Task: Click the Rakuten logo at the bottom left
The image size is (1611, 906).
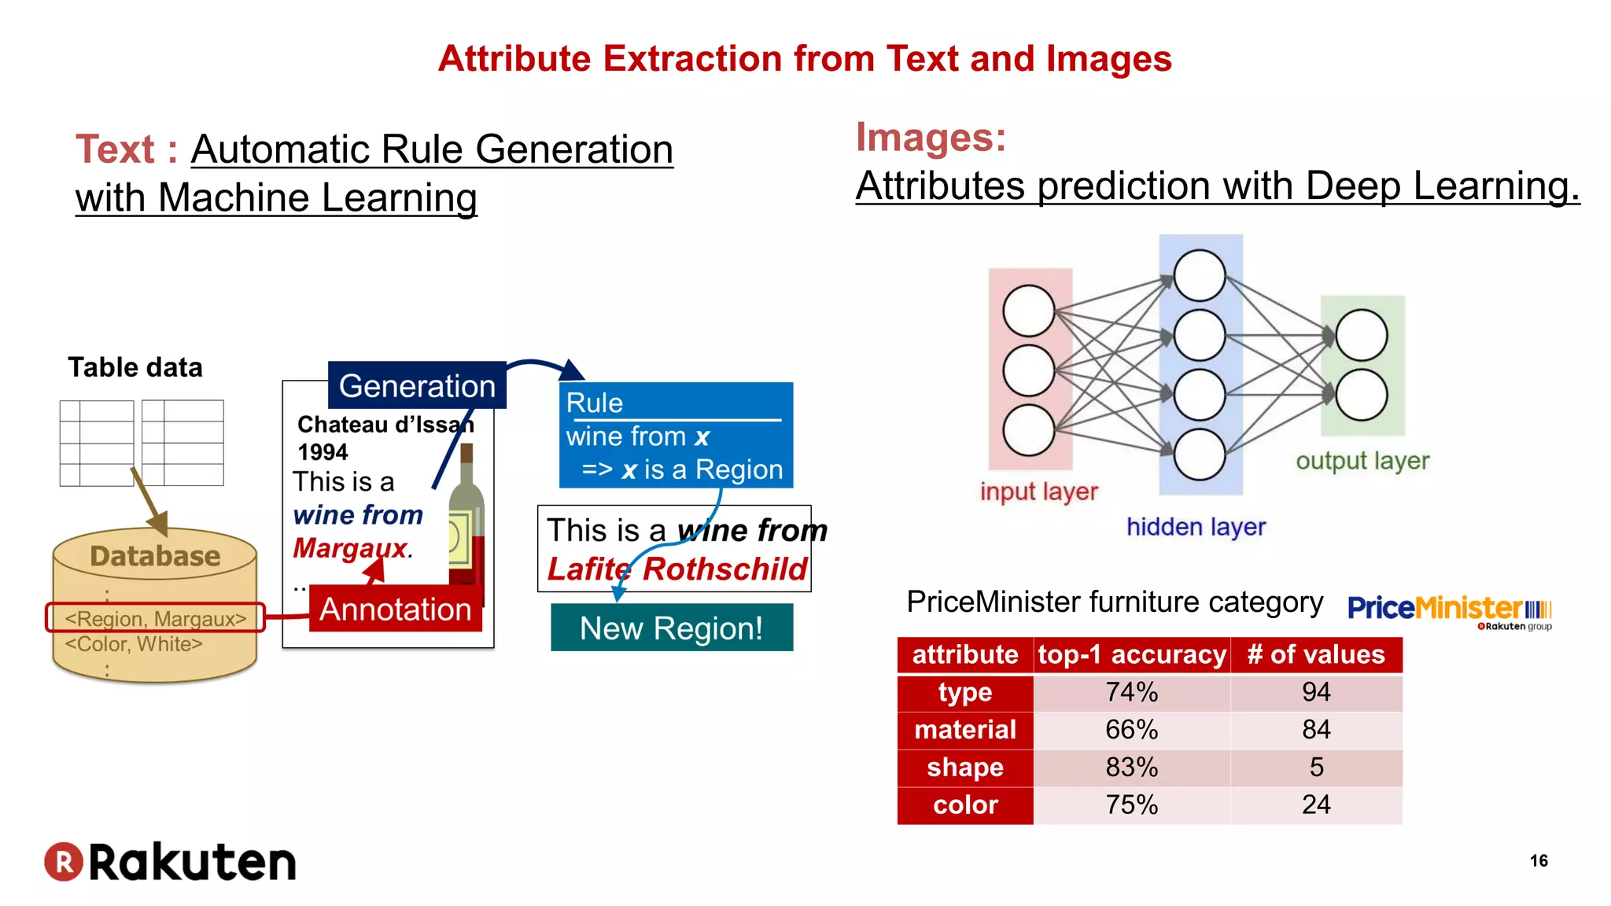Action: [x=170, y=862]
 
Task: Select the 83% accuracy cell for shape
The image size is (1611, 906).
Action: [x=1131, y=768]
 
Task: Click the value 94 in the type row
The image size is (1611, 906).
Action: [x=1316, y=692]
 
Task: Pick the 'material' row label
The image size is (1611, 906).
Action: [x=965, y=730]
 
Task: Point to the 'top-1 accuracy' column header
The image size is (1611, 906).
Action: [x=1131, y=655]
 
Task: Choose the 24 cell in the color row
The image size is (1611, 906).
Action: [x=1316, y=805]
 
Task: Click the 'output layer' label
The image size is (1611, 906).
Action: [x=1362, y=461]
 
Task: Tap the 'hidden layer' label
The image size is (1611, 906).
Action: [x=1196, y=527]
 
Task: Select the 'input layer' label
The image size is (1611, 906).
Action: [x=1038, y=492]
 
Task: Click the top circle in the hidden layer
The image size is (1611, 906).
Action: [x=1199, y=276]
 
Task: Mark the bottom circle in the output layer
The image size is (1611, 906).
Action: [x=1361, y=396]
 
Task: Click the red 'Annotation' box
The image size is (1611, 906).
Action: [x=395, y=610]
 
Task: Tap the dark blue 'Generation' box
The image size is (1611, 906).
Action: [x=417, y=386]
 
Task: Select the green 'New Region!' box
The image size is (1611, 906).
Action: [x=671, y=628]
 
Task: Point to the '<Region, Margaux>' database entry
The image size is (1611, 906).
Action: [x=156, y=619]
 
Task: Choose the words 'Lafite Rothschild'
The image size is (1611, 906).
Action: [x=676, y=569]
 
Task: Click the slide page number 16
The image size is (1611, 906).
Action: [x=1539, y=861]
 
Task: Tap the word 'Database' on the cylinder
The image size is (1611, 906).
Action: [x=155, y=557]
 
